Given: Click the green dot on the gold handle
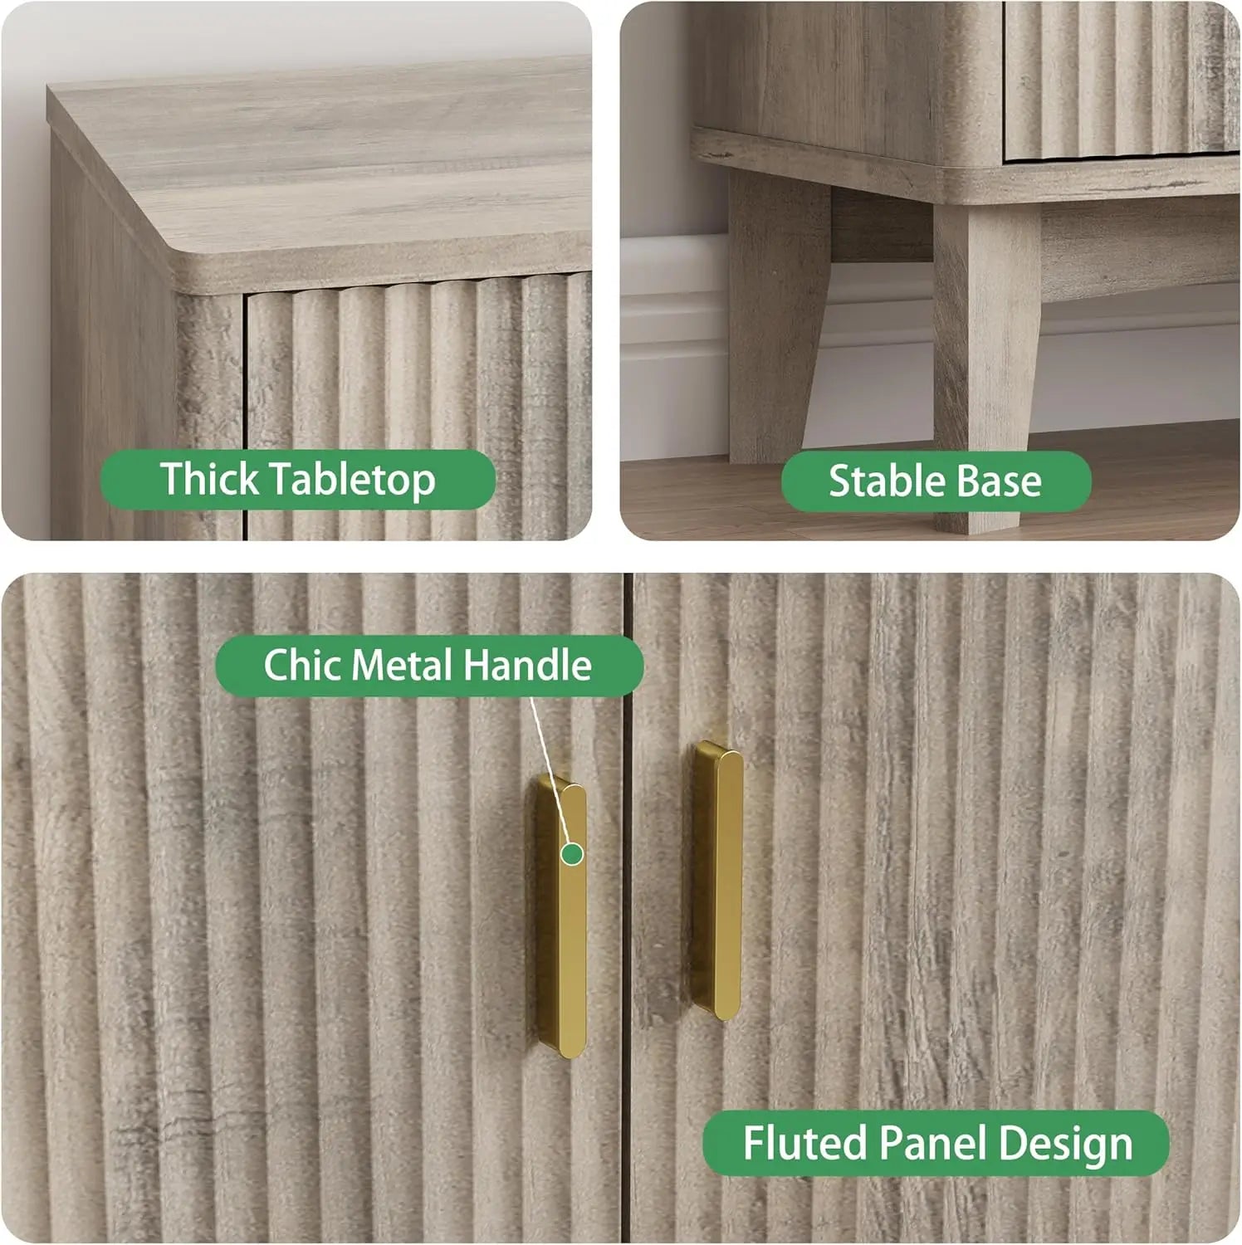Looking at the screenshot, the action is click(x=571, y=852).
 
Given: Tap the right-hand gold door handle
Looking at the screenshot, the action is click(x=716, y=880).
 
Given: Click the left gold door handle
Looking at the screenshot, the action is click(x=560, y=916).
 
